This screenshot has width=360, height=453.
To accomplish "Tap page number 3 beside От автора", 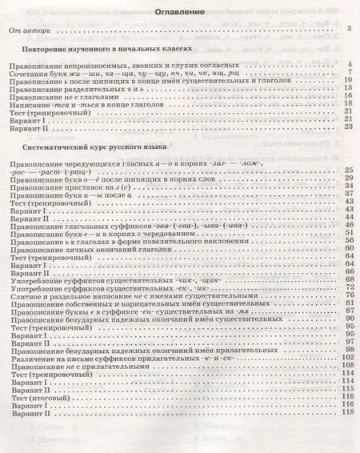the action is (350, 30).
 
